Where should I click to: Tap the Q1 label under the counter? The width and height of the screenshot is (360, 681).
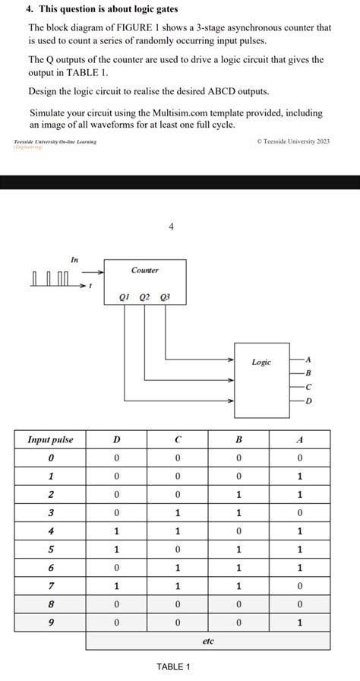125,297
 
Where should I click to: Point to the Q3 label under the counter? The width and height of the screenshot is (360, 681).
166,297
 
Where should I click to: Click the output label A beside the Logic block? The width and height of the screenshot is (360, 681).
308,359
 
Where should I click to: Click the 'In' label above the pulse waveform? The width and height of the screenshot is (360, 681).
74,260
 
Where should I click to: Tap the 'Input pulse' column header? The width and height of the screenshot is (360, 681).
50,439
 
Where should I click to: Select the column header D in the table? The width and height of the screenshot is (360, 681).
116,439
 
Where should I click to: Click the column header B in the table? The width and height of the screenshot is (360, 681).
238,439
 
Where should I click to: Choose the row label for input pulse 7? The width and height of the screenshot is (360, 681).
50,586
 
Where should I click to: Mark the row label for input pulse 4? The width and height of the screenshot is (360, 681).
50,531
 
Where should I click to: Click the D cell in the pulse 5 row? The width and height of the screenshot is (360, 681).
116,550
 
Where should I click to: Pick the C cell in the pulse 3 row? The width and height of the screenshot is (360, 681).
177,513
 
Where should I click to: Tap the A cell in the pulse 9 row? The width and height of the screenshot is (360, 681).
299,622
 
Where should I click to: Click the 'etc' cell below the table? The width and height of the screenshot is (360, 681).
208,641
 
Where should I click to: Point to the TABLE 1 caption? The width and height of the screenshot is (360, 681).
173,667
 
